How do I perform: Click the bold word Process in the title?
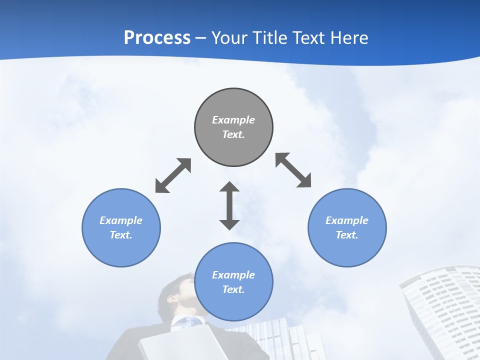point(157,38)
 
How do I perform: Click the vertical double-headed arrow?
point(229,206)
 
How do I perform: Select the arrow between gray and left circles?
point(173,175)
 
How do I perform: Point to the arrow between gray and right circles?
point(293,170)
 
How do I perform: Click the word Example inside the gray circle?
point(233,120)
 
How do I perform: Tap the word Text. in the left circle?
point(121,235)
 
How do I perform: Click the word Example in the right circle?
point(347,220)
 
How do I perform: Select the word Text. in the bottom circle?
point(233,289)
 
